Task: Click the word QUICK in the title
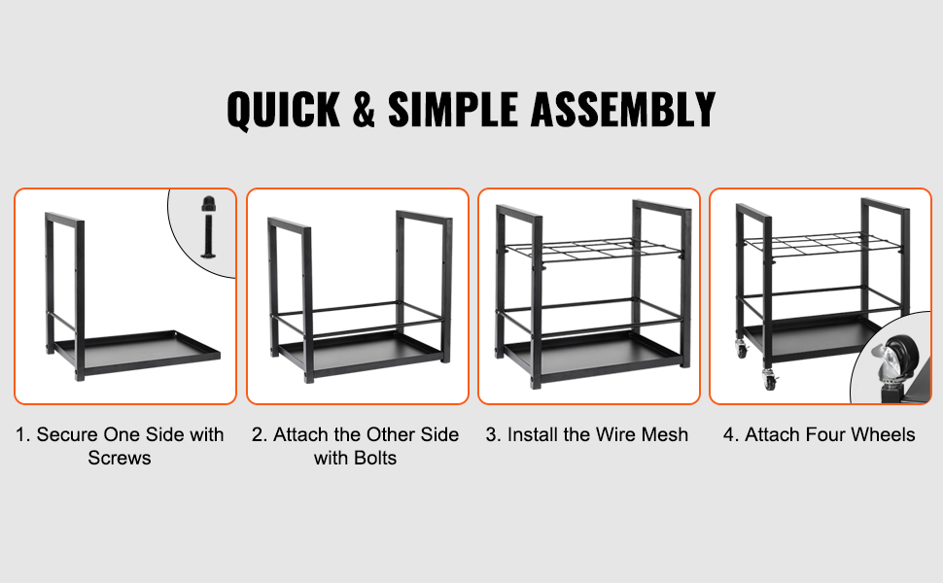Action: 283,111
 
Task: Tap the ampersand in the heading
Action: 364,110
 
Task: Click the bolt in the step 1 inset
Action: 208,226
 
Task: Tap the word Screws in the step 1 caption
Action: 119,458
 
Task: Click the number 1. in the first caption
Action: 23,434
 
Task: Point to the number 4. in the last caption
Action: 731,434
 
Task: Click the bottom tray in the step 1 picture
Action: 138,351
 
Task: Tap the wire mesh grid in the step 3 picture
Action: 594,248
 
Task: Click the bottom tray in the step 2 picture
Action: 362,354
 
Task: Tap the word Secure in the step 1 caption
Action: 67,434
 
